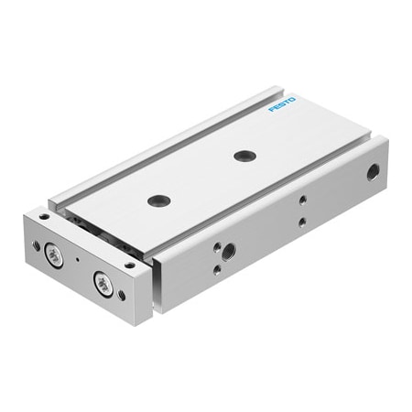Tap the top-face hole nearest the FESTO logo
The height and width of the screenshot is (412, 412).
pyautogui.click(x=243, y=155)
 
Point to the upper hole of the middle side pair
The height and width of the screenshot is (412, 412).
pyautogui.click(x=303, y=199)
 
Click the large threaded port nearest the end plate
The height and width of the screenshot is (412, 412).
pyautogui.click(x=228, y=249)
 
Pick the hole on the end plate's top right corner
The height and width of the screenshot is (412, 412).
pyautogui.click(x=130, y=266)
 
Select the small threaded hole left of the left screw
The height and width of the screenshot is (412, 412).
pyautogui.click(x=37, y=244)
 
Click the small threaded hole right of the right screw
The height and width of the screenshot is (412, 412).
pyautogui.click(x=124, y=293)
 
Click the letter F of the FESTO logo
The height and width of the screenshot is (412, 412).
pyautogui.click(x=271, y=113)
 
